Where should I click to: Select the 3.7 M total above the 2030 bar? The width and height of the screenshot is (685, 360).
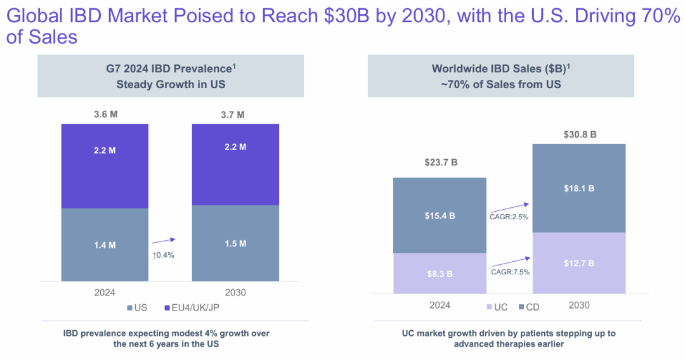tap(235, 115)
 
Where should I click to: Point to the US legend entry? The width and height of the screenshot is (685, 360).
tap(137, 309)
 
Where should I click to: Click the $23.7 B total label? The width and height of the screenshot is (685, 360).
tap(441, 163)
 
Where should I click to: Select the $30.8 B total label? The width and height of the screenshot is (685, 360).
tap(580, 134)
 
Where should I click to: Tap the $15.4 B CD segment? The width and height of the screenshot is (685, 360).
tap(440, 215)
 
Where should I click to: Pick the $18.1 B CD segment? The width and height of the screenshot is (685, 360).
tap(579, 188)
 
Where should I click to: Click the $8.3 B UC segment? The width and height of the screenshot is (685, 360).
tap(440, 274)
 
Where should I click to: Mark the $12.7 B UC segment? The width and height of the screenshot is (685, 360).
tap(579, 263)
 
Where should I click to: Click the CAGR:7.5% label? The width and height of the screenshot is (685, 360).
tap(510, 271)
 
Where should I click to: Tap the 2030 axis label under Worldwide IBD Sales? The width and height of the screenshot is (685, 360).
tap(579, 305)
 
